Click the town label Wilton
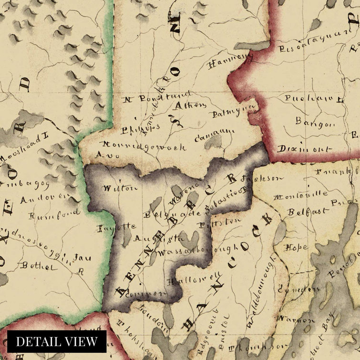click(x=117, y=188)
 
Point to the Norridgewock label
click(x=144, y=146)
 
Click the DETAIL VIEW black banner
click(x=56, y=341)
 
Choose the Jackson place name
click(x=256, y=180)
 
